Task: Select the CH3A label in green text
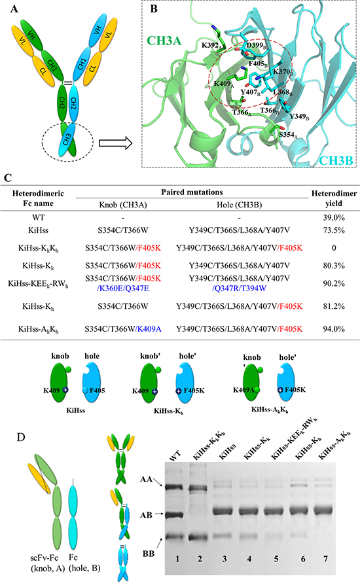click(x=164, y=41)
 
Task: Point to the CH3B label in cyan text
click(x=336, y=160)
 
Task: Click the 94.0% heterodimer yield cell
click(x=334, y=328)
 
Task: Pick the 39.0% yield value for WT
click(x=334, y=217)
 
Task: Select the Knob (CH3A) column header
click(x=123, y=205)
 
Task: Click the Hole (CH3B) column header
click(x=239, y=205)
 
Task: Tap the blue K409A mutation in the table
click(x=149, y=328)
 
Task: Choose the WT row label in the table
click(x=38, y=217)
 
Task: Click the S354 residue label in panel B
click(x=289, y=135)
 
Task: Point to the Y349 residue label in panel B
click(x=299, y=116)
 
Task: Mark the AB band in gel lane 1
click(x=174, y=516)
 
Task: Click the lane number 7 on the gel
click(x=326, y=558)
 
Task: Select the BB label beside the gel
click(x=149, y=554)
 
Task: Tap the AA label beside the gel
click(x=146, y=480)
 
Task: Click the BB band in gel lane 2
click(x=200, y=537)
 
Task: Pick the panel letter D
click(x=21, y=436)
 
